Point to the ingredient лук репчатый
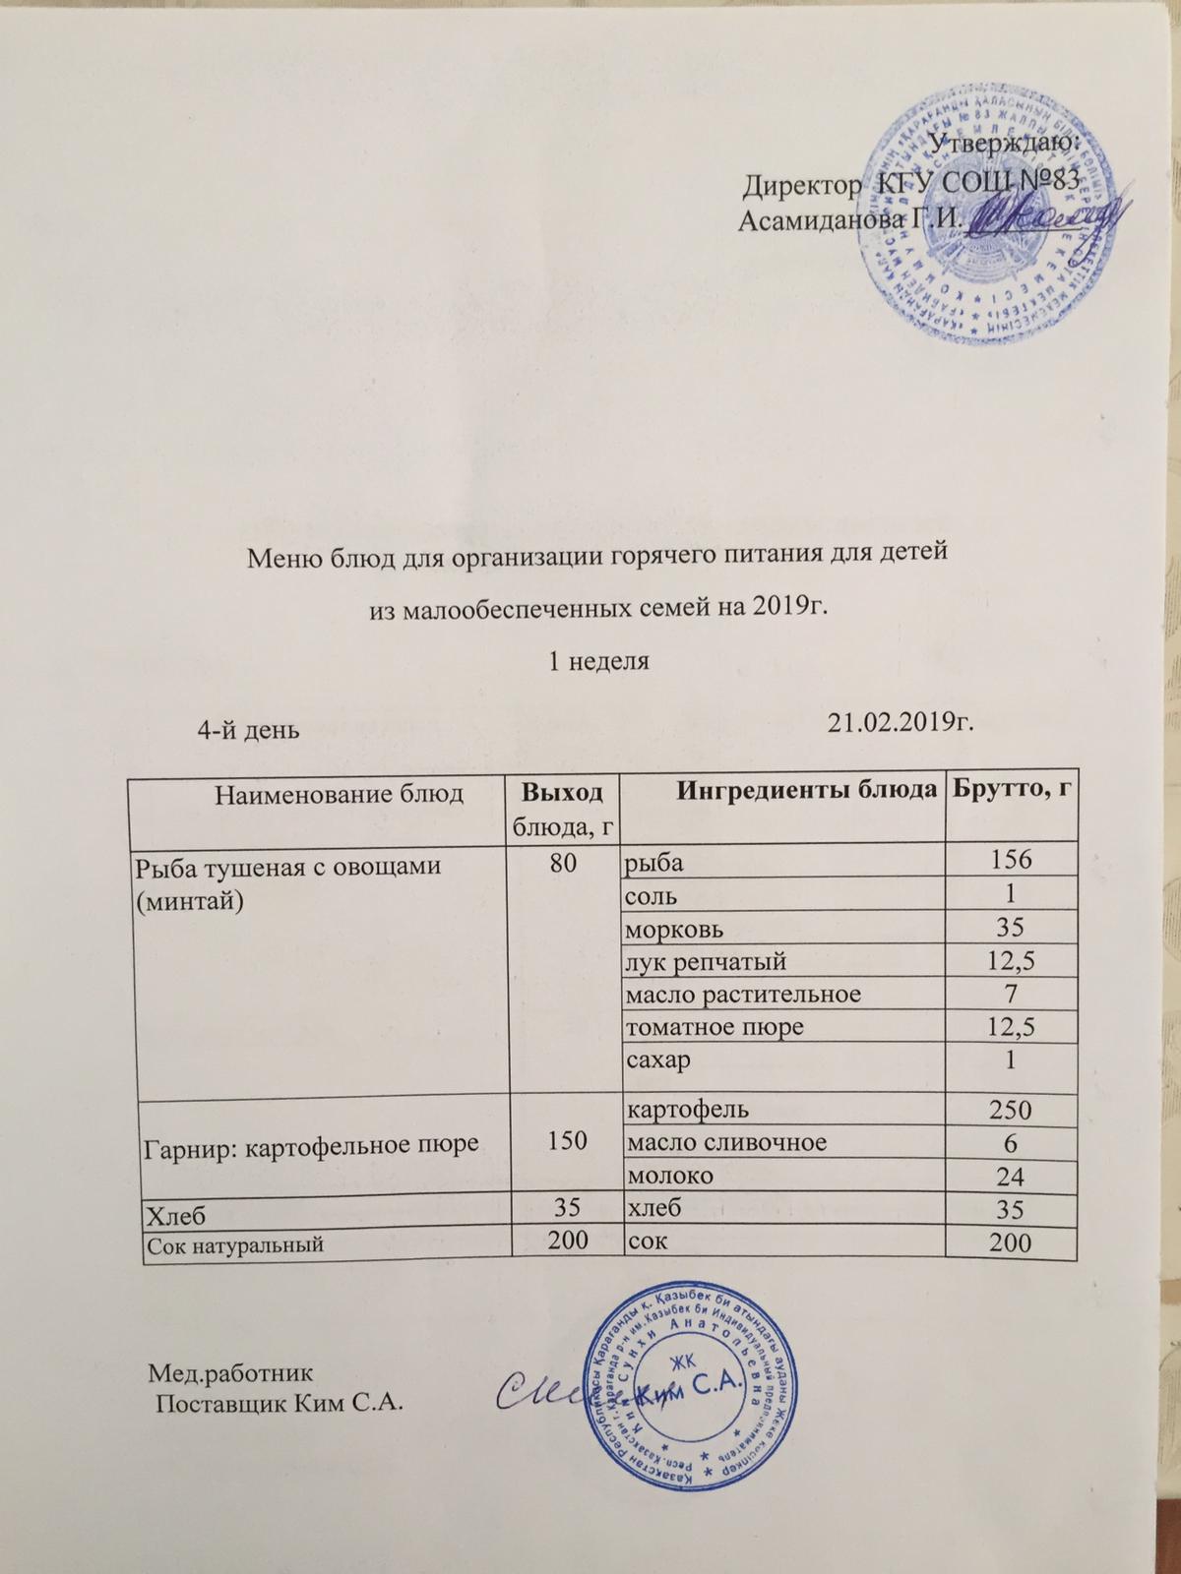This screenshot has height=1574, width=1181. tap(706, 960)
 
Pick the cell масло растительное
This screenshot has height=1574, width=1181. tap(743, 994)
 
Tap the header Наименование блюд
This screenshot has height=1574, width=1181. tap(325, 793)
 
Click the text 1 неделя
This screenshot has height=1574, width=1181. tap(597, 661)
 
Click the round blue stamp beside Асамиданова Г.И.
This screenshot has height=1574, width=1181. tap(989, 212)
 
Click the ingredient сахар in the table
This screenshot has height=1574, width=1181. tap(658, 1060)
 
